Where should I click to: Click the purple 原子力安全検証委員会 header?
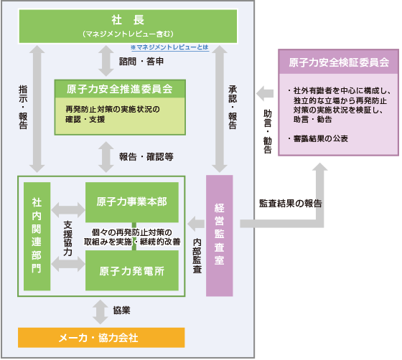coord(338,63)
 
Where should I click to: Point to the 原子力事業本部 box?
coord(132,200)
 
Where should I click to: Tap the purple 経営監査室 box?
coord(220,235)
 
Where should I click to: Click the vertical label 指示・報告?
coord(23,107)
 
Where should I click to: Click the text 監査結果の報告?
coord(290,203)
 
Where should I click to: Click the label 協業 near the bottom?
coord(121,311)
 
